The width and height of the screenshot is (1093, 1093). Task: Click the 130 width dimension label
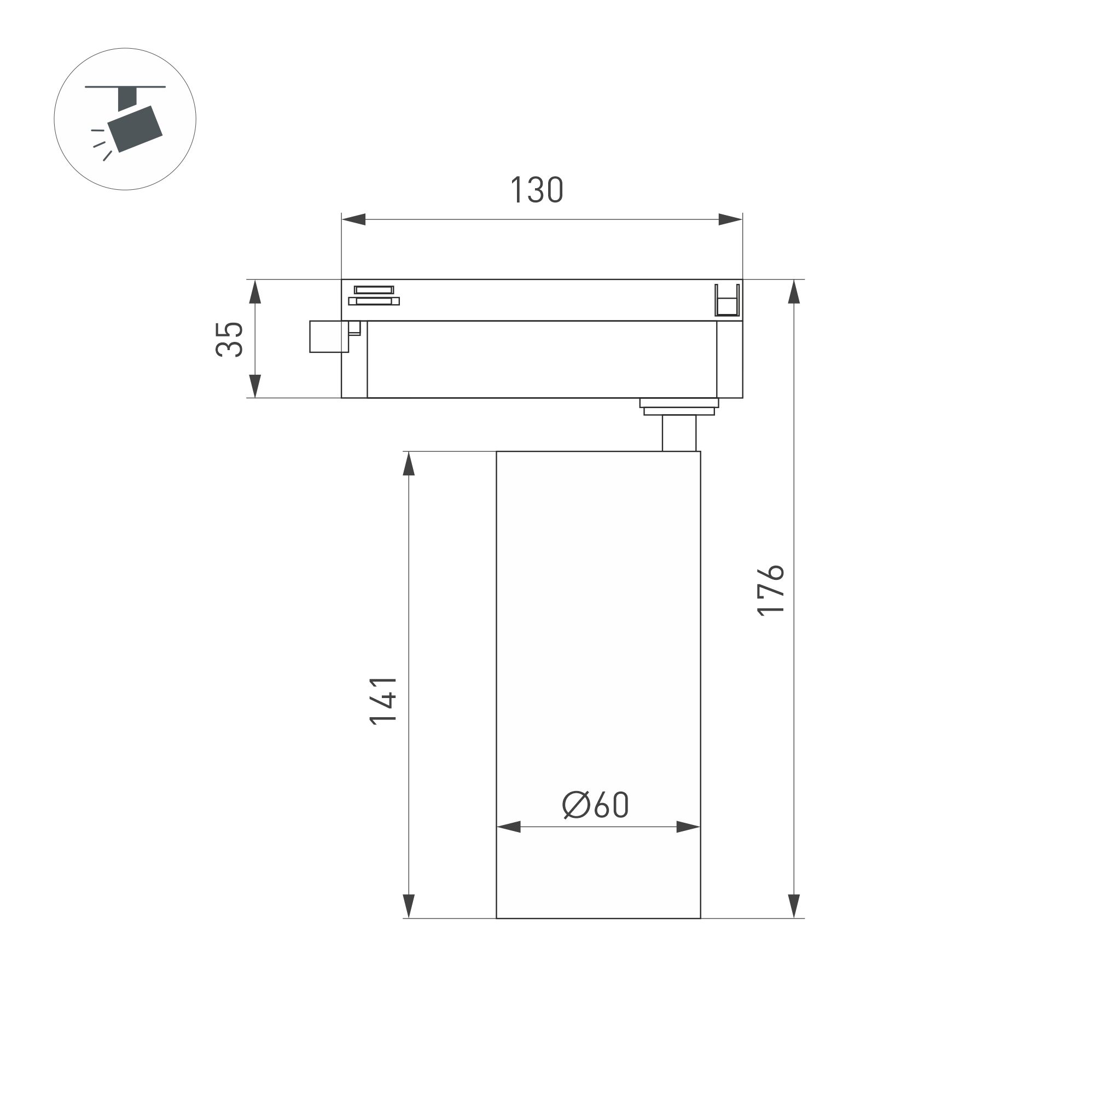(536, 190)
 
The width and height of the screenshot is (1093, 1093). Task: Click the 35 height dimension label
(230, 339)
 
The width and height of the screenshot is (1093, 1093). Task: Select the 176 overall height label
(771, 590)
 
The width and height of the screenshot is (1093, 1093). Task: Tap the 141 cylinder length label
(383, 701)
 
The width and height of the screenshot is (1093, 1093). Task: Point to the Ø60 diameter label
(595, 805)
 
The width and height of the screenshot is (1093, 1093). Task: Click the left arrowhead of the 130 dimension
(353, 219)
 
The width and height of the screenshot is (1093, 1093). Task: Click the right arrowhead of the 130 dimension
(730, 219)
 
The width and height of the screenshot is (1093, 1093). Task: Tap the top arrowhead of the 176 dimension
(794, 292)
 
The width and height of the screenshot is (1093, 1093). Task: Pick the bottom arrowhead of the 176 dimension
(794, 906)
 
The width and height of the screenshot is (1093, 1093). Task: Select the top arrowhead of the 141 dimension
(409, 464)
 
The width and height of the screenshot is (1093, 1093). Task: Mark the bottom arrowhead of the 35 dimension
(255, 386)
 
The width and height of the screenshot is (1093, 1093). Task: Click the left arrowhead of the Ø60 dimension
(509, 827)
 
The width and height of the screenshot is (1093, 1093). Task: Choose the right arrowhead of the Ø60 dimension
(689, 827)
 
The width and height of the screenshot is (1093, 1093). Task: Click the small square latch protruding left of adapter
(328, 336)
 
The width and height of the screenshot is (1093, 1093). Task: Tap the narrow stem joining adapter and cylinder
(679, 433)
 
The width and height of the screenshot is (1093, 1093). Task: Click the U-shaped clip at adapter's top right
(726, 301)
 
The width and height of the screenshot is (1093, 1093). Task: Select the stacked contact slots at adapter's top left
(374, 295)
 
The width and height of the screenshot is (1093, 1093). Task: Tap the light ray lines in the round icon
(101, 144)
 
